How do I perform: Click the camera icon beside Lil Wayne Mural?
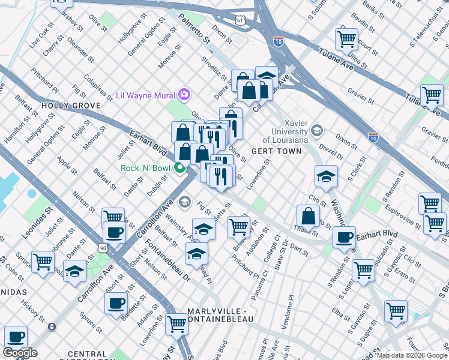[184, 95]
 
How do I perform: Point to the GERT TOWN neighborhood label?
[276, 151]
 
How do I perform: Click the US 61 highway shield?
[241, 20]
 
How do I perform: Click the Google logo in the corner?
[20, 353]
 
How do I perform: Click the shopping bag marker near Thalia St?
[308, 216]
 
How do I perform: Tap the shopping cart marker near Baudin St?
[347, 40]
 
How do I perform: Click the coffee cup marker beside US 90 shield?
[113, 232]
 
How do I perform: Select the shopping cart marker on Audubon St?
[238, 227]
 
